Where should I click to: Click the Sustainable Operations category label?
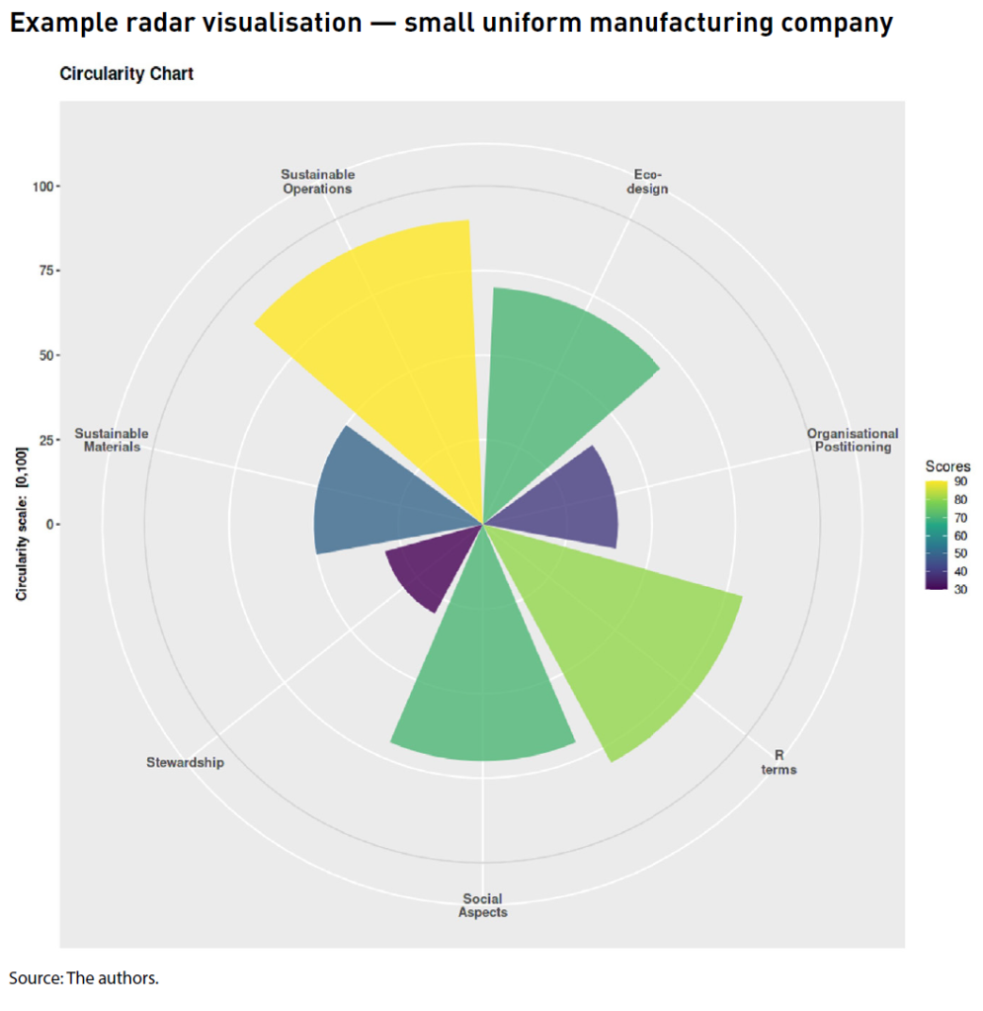point(316,182)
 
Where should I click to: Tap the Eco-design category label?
point(648,182)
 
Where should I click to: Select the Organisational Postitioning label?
point(853,440)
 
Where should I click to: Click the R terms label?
point(778,762)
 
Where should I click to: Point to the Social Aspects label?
point(482,905)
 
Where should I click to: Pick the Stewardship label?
point(185,762)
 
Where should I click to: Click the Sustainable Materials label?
point(112,440)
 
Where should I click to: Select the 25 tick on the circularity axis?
point(44,439)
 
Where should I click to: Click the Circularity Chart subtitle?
point(126,74)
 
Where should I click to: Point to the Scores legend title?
point(945,465)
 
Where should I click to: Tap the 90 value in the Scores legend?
point(960,482)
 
